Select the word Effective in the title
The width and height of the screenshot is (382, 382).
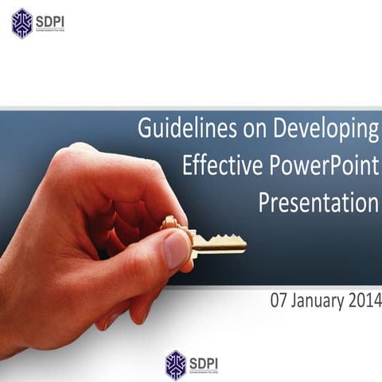(x=217, y=166)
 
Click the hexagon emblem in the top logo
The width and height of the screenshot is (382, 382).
(x=22, y=23)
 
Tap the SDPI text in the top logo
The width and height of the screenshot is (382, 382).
(x=49, y=20)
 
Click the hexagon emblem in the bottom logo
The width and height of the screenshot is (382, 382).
(x=176, y=364)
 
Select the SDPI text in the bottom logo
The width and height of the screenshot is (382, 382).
(x=204, y=361)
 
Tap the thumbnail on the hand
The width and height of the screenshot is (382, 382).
(x=177, y=248)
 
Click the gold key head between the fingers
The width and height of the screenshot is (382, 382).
(x=171, y=224)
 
